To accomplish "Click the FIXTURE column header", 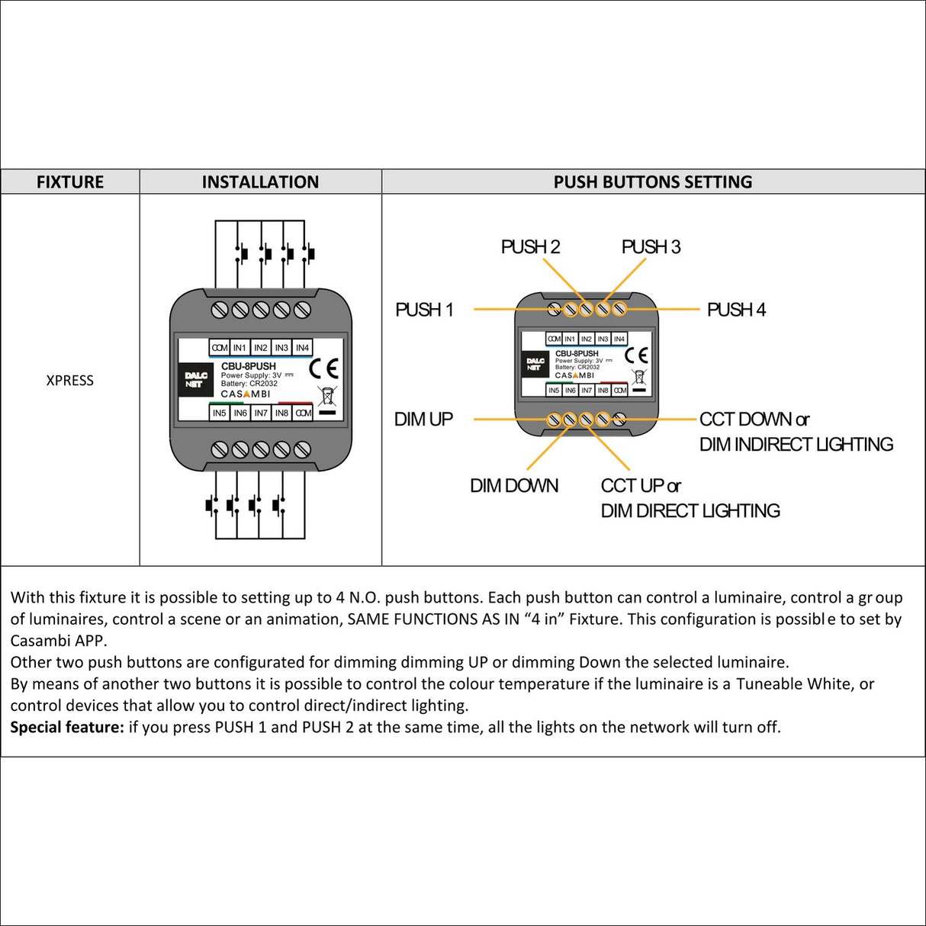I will coord(70,182).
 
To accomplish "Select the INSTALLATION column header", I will coord(260,182).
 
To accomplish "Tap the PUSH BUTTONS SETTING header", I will coord(653,182).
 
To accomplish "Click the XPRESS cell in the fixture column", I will coord(69,381).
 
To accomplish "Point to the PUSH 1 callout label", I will coord(424,310).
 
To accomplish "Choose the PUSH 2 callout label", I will coord(530,247).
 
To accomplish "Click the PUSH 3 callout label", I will coord(651,247).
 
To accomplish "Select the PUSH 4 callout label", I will coord(736,310).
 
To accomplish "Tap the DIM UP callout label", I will coord(423,420).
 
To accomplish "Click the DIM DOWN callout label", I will coord(514,486).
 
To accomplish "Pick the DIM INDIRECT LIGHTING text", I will coord(796,445).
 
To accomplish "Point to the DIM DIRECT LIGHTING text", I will coord(690,511).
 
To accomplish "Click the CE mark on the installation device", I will coord(323,369).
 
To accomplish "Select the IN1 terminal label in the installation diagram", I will coord(240,348).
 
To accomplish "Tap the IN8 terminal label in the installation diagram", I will coord(281,413).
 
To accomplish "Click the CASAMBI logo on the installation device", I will coord(246,394).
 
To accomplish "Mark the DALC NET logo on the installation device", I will coord(197,379).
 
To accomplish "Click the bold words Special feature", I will coord(67,727).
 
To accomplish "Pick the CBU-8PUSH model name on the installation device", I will coord(249,366).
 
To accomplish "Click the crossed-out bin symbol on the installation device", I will coord(326,396).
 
